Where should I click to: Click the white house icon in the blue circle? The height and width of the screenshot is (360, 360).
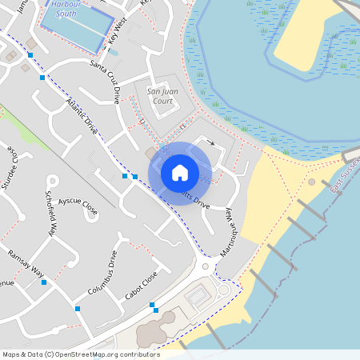coord(180,173)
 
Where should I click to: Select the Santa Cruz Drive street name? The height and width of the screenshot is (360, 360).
coord(104,82)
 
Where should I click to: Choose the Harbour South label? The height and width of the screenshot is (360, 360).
coord(71,9)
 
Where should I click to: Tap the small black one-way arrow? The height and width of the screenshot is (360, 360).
coord(211,143)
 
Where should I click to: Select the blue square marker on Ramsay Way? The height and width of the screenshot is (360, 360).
coord(43,282)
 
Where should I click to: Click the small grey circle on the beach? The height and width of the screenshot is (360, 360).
coord(312,182)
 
